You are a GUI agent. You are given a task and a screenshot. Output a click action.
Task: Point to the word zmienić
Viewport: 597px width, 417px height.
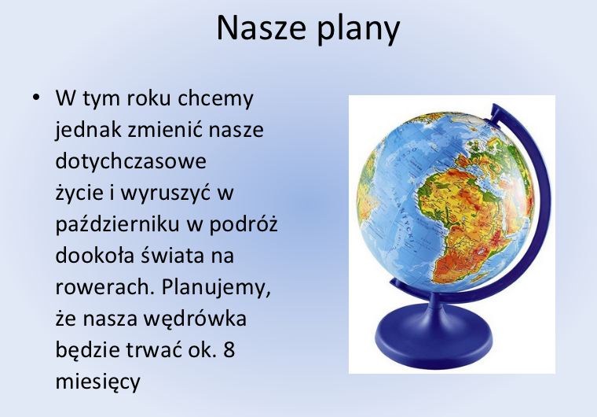point(167,130)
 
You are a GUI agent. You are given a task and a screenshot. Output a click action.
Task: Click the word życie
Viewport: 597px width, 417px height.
point(82,193)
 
